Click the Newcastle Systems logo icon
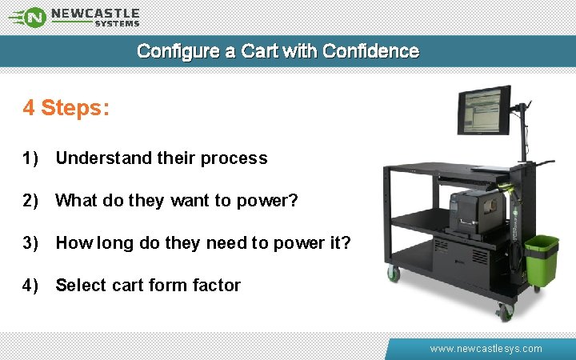click(x=31, y=16)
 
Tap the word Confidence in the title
click(x=370, y=51)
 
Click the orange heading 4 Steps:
click(x=66, y=108)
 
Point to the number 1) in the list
click(x=31, y=158)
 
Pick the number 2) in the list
click(x=31, y=201)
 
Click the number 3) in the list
click(x=31, y=243)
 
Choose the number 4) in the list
click(x=31, y=286)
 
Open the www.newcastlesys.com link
click(x=486, y=349)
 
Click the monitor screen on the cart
click(x=483, y=111)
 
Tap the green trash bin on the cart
click(x=541, y=258)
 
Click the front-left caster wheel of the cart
click(x=394, y=274)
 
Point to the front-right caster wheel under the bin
click(x=504, y=311)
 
